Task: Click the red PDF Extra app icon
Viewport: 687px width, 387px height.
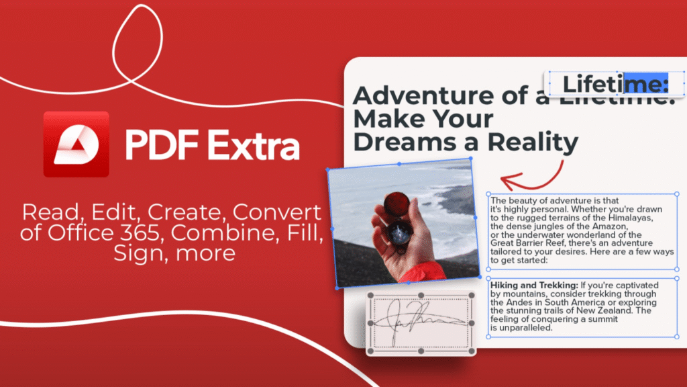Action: pyautogui.click(x=76, y=144)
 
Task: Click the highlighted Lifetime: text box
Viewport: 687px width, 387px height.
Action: pyautogui.click(x=615, y=85)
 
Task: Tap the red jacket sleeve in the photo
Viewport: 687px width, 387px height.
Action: pyautogui.click(x=425, y=271)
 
